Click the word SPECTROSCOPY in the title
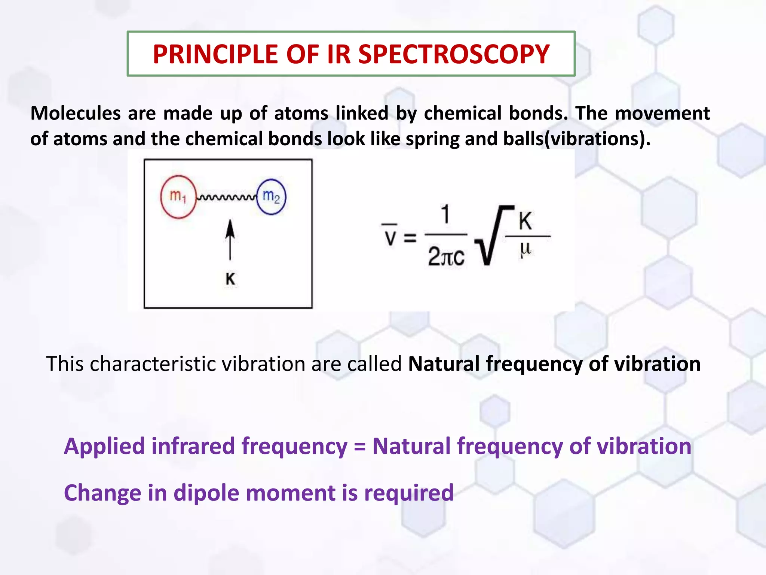point(454,55)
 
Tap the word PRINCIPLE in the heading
point(215,55)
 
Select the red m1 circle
point(178,197)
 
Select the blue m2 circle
point(271,197)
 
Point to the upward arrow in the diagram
point(230,240)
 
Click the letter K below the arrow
point(230,279)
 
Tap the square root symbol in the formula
point(490,236)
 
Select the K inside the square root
point(525,221)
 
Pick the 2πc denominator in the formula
point(446,257)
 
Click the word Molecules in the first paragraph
point(75,113)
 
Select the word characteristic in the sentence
point(153,364)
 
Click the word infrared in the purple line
point(193,446)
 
